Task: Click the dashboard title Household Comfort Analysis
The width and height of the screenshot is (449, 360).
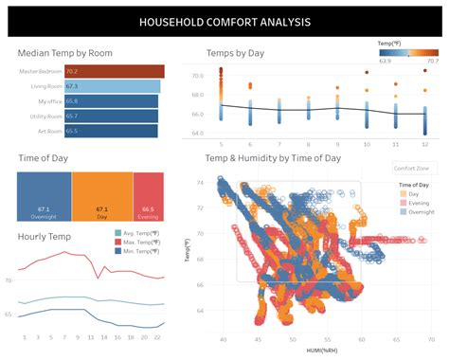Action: (224, 22)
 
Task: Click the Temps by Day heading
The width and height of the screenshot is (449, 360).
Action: (235, 53)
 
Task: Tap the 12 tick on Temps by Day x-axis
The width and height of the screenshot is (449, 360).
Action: (424, 144)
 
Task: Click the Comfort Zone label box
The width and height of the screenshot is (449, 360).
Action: (411, 168)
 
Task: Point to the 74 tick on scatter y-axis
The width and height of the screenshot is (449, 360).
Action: (213, 182)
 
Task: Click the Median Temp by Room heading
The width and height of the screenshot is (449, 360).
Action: (65, 53)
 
